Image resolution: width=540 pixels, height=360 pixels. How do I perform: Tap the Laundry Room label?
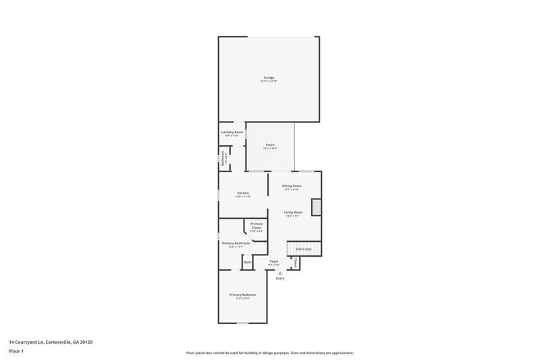(232, 132)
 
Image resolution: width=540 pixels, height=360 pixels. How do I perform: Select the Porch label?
(270, 145)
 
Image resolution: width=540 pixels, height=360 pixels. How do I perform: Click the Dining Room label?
(292, 186)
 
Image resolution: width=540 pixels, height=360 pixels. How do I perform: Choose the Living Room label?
(293, 212)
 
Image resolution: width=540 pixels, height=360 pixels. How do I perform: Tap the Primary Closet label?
(256, 226)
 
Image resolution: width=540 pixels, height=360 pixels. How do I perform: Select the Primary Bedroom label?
(242, 294)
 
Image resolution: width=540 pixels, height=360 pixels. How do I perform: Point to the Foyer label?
(274, 261)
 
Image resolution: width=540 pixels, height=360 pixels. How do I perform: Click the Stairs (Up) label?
(303, 249)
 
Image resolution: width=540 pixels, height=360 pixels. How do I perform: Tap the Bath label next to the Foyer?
(248, 262)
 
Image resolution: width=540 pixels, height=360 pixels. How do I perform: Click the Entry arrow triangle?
(279, 273)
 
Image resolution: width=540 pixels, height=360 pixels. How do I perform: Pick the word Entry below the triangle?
(279, 278)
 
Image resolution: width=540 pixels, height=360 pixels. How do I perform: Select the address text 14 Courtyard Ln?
(51, 342)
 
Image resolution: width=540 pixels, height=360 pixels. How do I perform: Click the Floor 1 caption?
(17, 352)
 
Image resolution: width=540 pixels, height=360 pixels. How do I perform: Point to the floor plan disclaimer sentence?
(269, 353)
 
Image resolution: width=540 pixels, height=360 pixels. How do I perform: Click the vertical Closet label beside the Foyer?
(296, 262)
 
